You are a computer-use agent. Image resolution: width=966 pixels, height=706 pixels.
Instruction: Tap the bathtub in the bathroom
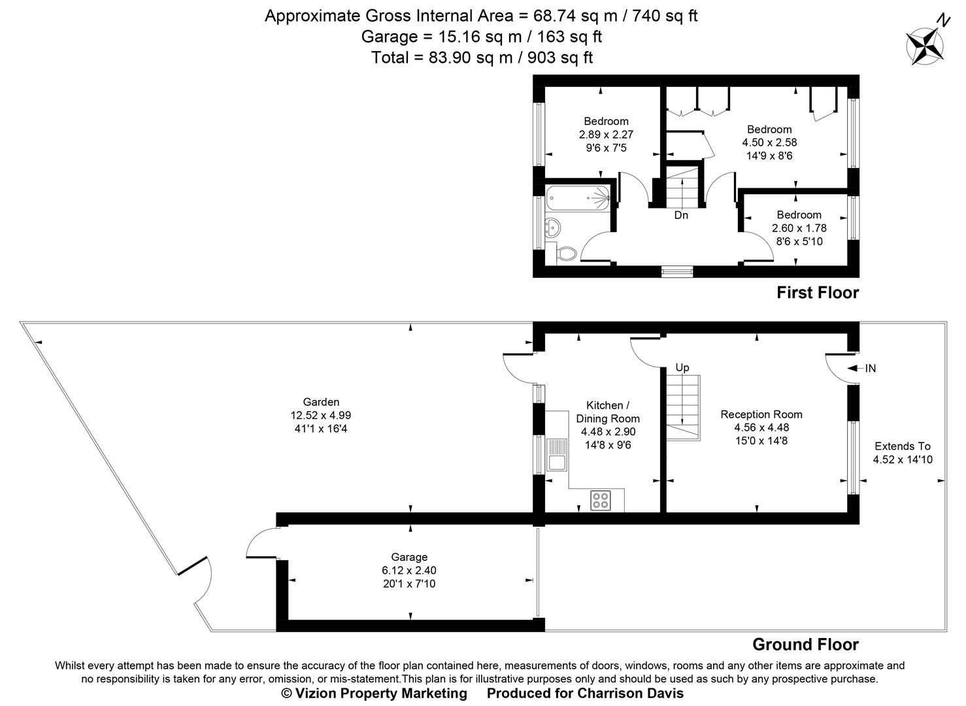(578, 197)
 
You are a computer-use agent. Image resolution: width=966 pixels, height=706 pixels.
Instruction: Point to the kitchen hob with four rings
(600, 500)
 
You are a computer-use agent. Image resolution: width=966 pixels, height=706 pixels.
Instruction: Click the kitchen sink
(558, 455)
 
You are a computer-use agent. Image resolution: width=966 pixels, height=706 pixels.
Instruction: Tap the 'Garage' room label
(409, 557)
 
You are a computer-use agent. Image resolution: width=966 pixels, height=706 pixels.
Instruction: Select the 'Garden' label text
(321, 402)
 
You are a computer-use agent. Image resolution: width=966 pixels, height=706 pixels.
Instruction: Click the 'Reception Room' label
(761, 414)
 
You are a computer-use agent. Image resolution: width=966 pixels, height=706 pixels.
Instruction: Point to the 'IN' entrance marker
(870, 369)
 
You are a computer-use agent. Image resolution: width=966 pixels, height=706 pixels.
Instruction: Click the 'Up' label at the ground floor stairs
(682, 367)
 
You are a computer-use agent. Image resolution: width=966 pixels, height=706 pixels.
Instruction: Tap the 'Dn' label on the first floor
(681, 215)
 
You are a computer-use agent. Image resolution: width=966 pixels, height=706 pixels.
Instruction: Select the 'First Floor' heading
(817, 293)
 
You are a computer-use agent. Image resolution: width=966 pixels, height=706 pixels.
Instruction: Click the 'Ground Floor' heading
(805, 645)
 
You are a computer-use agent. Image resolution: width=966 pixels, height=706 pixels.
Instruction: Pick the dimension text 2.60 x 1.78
(799, 228)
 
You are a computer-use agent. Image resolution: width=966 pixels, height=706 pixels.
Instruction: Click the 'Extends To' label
(903, 446)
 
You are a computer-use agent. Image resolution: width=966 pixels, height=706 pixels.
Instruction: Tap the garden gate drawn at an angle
(193, 566)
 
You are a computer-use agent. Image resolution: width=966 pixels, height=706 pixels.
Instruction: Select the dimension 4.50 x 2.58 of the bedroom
(769, 142)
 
